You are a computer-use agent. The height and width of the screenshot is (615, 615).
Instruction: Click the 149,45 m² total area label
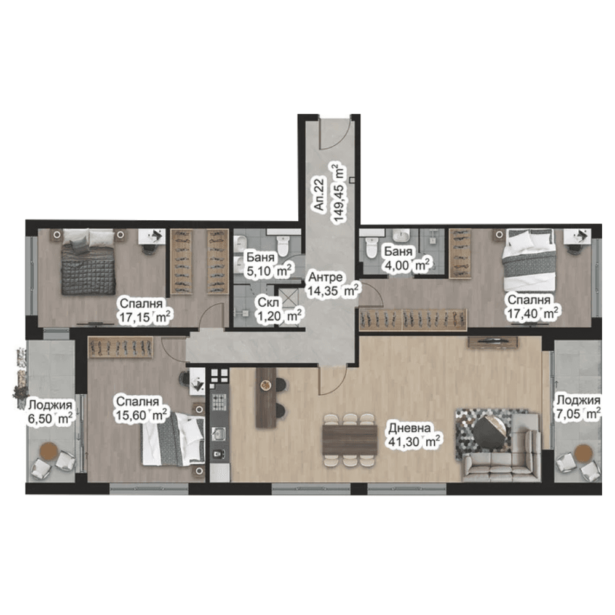click(x=339, y=192)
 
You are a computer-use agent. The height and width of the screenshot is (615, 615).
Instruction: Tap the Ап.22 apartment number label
click(x=320, y=194)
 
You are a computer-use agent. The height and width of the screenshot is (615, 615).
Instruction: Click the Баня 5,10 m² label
click(x=269, y=264)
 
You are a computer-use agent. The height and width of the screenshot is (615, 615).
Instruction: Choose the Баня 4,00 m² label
click(x=407, y=258)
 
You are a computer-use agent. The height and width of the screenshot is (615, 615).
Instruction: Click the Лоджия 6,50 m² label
click(x=50, y=412)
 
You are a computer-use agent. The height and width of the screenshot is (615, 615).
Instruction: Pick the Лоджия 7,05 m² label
click(x=579, y=407)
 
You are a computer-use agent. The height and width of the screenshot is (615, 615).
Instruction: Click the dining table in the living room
click(x=350, y=440)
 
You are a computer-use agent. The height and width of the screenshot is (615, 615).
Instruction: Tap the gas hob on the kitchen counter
click(x=220, y=402)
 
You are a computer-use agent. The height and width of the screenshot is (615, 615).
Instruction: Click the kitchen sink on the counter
click(x=218, y=434)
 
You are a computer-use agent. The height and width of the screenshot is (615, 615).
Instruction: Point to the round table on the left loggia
click(x=50, y=451)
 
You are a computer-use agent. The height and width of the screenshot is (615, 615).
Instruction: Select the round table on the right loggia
click(x=583, y=453)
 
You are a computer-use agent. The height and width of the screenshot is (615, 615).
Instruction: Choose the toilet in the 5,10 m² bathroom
click(x=282, y=244)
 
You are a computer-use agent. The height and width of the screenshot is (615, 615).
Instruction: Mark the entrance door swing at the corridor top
click(x=334, y=135)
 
